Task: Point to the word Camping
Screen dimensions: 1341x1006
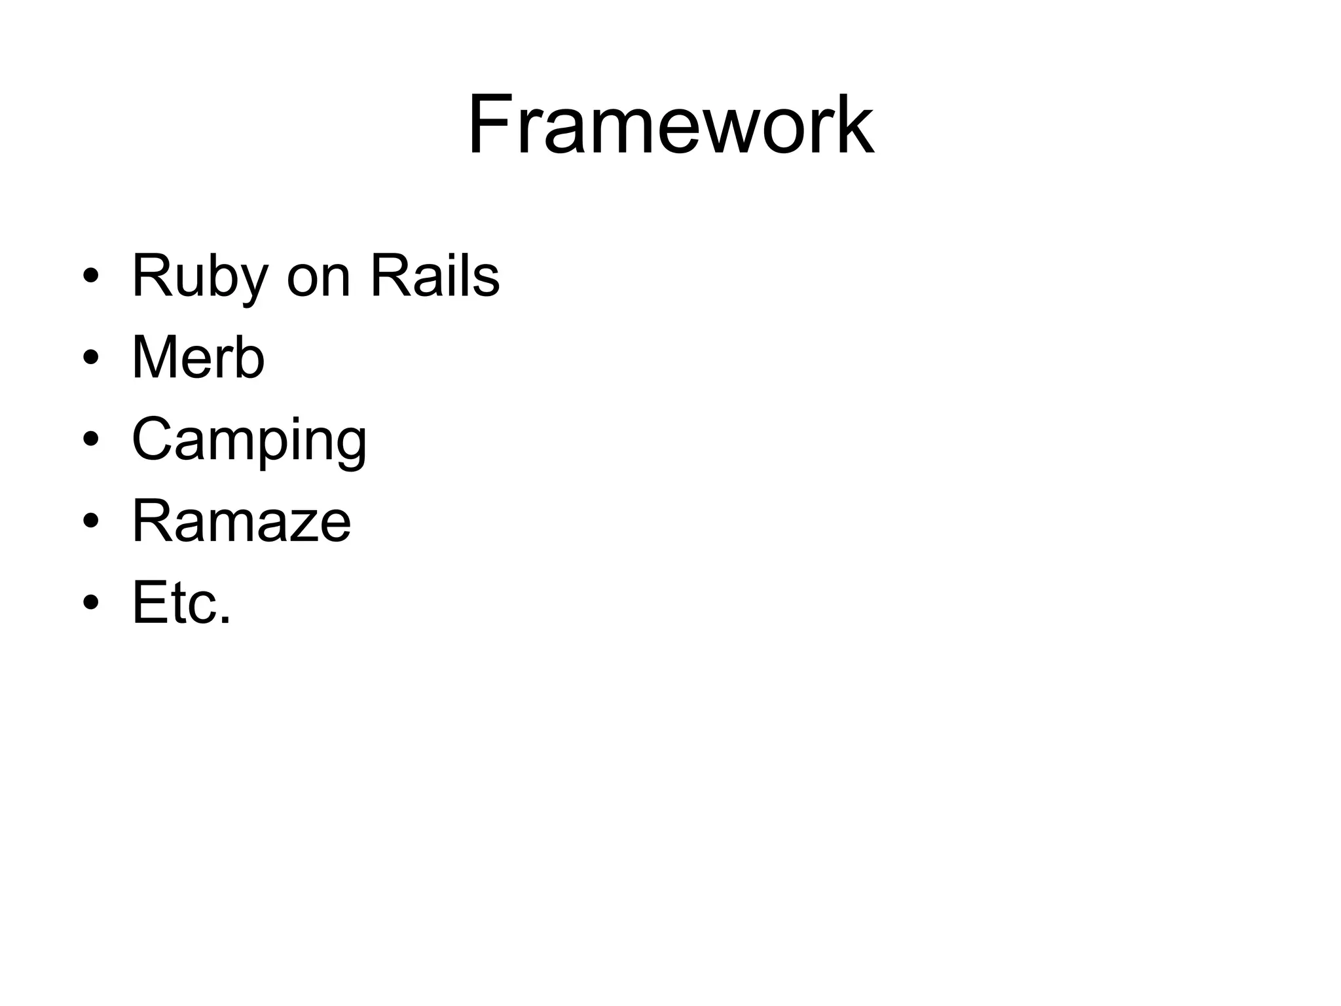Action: tap(249, 440)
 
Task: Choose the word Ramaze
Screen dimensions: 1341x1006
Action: tap(241, 521)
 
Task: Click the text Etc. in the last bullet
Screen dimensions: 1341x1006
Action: tap(181, 603)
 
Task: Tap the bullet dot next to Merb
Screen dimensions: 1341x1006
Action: tap(91, 358)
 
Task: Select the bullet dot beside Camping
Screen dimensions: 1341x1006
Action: tap(91, 439)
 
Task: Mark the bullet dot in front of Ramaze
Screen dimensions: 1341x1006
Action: tap(91, 521)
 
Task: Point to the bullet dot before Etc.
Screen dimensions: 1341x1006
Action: tap(91, 603)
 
